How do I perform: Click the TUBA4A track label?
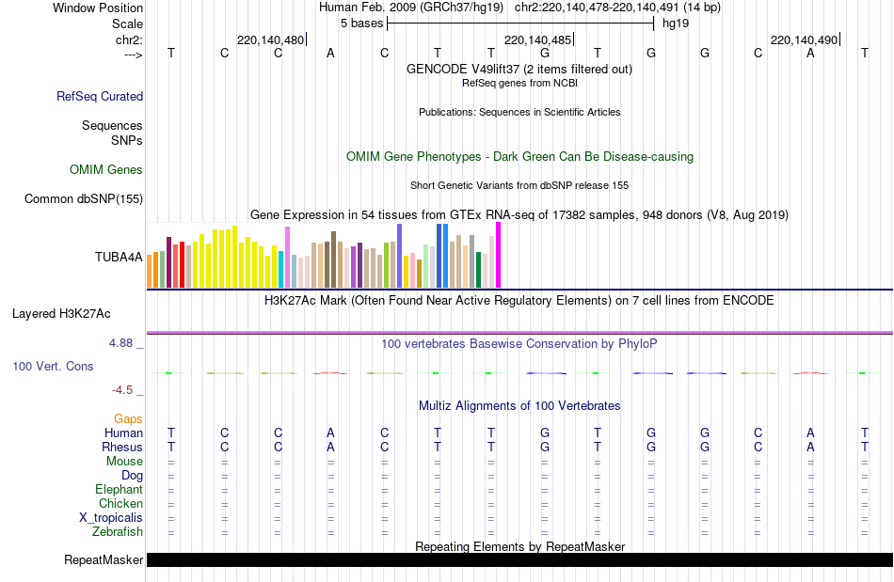[119, 256]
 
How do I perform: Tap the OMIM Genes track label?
[106, 170]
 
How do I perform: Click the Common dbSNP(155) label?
[84, 198]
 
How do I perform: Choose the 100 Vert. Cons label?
[53, 366]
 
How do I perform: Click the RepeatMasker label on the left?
[104, 560]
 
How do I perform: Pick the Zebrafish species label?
[119, 532]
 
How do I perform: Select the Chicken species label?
[120, 504]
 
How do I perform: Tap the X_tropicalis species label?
[111, 518]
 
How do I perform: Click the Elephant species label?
[119, 490]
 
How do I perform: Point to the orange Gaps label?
[128, 418]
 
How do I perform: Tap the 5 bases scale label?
[360, 22]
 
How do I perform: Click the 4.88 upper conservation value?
[121, 343]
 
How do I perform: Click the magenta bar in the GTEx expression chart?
[498, 255]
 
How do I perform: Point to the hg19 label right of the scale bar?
[676, 22]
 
